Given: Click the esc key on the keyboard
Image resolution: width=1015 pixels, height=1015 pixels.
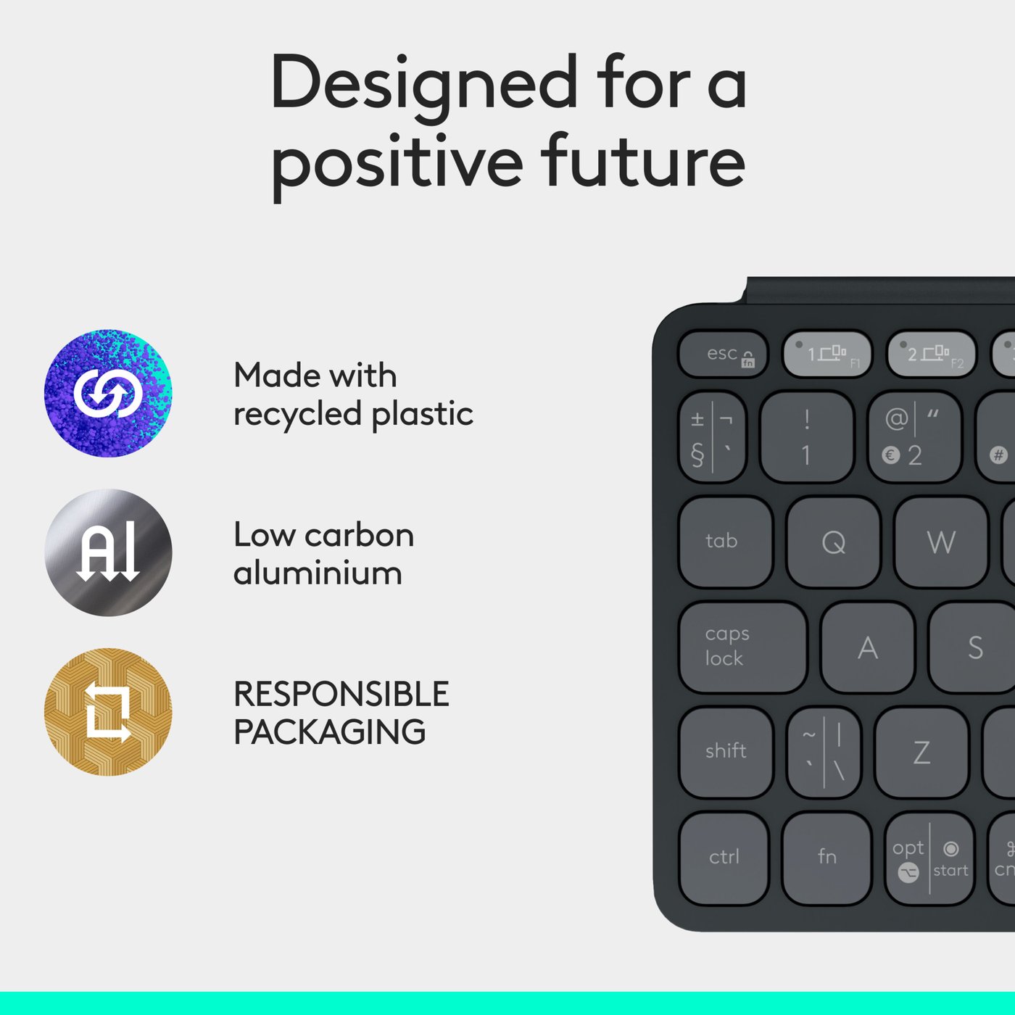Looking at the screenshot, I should tap(723, 355).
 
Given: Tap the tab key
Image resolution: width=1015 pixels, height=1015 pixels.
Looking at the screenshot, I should tap(726, 542).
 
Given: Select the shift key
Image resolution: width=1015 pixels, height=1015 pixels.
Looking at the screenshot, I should tap(726, 752).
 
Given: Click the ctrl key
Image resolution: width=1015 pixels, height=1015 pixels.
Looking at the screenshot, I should tap(724, 858).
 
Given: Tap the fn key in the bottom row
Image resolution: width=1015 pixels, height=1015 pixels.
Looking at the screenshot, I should tap(826, 858).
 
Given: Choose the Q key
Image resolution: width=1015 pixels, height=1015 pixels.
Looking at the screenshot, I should tap(833, 542).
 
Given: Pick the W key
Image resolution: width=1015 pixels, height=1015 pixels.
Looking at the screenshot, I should tap(940, 542).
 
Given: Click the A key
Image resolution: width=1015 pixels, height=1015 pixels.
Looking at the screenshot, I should tap(867, 647).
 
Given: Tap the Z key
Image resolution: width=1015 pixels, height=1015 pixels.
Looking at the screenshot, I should tap(921, 752).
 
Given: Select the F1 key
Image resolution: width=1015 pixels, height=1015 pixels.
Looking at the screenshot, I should tap(827, 355).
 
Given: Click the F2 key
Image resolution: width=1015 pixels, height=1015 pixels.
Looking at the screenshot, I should tap(931, 355).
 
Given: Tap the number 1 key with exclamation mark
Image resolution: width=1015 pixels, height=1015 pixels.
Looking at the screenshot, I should tap(806, 437).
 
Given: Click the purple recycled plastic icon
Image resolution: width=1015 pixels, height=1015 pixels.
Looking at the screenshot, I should tap(108, 393).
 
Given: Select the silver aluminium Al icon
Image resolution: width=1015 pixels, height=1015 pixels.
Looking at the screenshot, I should tap(108, 552).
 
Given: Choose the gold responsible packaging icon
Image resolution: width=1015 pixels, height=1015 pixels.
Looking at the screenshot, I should tap(108, 712).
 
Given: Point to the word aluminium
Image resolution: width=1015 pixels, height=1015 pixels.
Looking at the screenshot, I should tap(318, 573).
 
